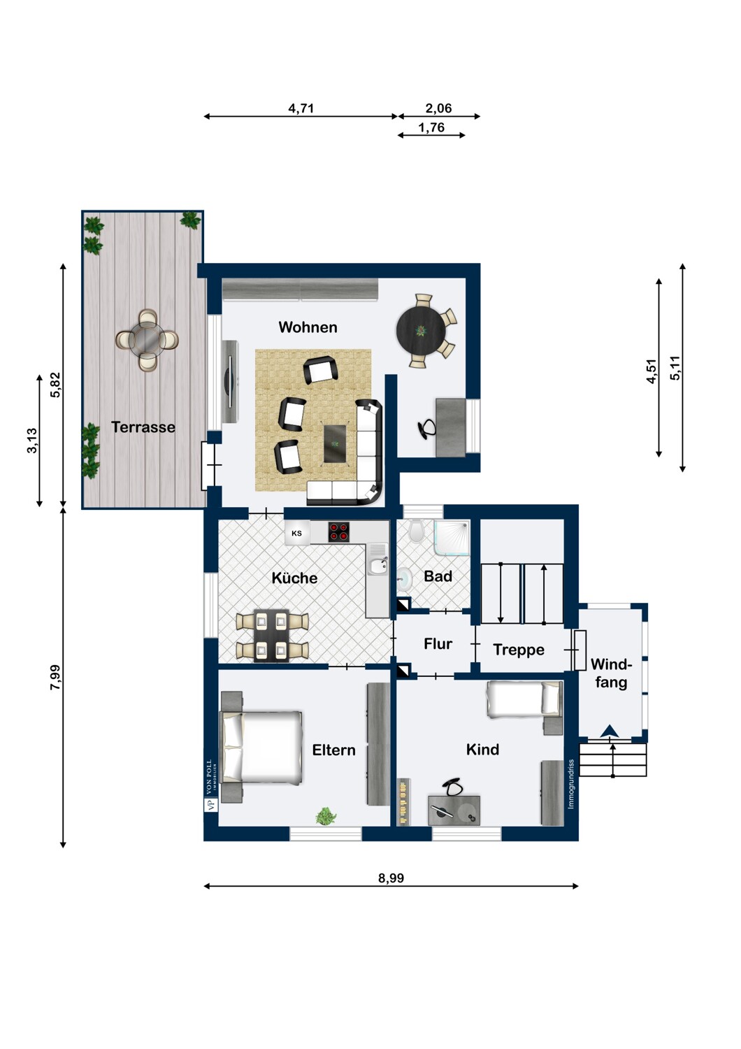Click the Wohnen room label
[308, 327]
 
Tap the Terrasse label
[143, 427]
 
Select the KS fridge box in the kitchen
[296, 534]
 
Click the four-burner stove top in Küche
[339, 532]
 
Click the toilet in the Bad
[416, 532]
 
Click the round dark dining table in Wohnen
[420, 331]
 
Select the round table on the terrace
[147, 341]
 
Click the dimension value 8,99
[391, 878]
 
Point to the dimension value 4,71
[301, 108]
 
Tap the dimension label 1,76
[431, 127]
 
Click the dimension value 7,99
[55, 677]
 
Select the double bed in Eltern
[262, 747]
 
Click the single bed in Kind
[524, 699]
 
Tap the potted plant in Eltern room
[326, 815]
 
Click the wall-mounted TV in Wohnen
[228, 382]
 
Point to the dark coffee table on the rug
[336, 443]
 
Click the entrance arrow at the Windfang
[610, 732]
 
